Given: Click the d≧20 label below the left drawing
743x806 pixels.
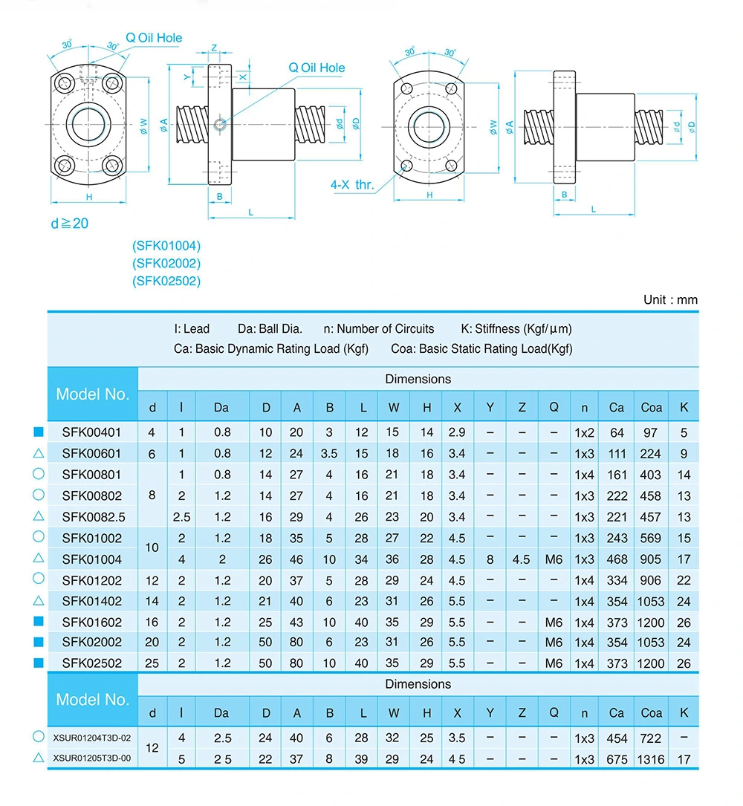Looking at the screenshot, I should pyautogui.click(x=69, y=223).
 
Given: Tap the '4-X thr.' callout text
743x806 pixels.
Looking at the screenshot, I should pyautogui.click(x=352, y=185).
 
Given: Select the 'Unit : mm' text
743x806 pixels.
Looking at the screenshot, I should pyautogui.click(x=670, y=300).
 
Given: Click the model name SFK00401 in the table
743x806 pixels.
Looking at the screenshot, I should pyautogui.click(x=91, y=432).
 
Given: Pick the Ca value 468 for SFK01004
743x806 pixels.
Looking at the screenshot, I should pyautogui.click(x=617, y=559).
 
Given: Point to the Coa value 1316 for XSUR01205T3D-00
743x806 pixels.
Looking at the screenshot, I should pyautogui.click(x=652, y=759).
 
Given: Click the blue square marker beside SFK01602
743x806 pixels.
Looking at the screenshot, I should pyautogui.click(x=39, y=621).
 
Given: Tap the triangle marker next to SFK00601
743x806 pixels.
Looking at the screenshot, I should pyautogui.click(x=39, y=453).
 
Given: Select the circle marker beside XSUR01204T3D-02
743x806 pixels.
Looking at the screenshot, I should pyautogui.click(x=39, y=736).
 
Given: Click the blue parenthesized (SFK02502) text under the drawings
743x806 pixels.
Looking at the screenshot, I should pyautogui.click(x=166, y=281).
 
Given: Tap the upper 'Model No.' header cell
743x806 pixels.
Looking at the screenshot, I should pyautogui.click(x=93, y=394).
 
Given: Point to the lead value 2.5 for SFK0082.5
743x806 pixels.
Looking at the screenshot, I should pyautogui.click(x=181, y=517).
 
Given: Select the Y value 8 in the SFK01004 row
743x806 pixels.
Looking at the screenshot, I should pyautogui.click(x=490, y=559).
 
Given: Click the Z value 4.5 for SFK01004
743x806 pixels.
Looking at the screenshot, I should pyautogui.click(x=522, y=559).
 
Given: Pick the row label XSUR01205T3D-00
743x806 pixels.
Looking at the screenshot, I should pyautogui.click(x=92, y=758).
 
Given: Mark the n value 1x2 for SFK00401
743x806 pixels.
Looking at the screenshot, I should pyautogui.click(x=585, y=432).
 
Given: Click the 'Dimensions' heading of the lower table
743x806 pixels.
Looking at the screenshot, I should pyautogui.click(x=418, y=683).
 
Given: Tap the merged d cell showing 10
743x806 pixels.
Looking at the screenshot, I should pyautogui.click(x=152, y=548).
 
